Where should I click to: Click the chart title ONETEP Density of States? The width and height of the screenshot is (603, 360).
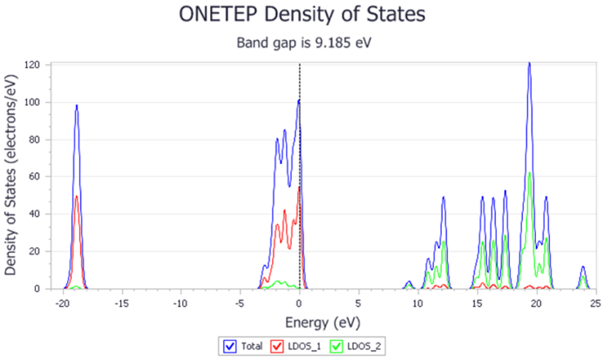coord(301,15)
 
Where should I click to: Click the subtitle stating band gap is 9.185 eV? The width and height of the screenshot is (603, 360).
coord(301,41)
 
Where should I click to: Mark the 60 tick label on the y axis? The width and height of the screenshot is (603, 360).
coord(39,177)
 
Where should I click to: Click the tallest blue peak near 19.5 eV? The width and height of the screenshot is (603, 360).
coord(529,64)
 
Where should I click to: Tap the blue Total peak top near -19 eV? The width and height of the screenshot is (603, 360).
coord(77,105)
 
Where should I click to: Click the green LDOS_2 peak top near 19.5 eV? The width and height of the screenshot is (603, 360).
coord(530,173)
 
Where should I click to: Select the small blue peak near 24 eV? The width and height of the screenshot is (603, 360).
coord(583,267)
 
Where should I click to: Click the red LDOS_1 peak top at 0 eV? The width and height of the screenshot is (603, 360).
coord(299,187)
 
